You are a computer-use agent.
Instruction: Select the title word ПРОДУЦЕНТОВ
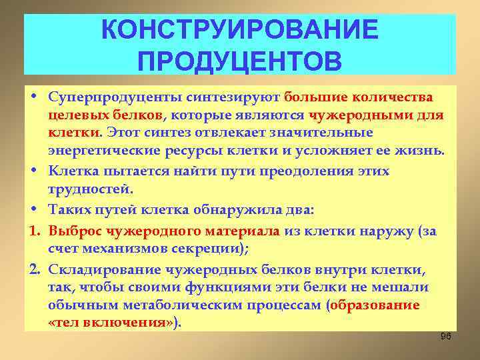pos(239,61)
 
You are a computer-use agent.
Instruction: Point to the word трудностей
pos(85,190)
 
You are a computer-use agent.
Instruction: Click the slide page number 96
pos(446,336)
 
